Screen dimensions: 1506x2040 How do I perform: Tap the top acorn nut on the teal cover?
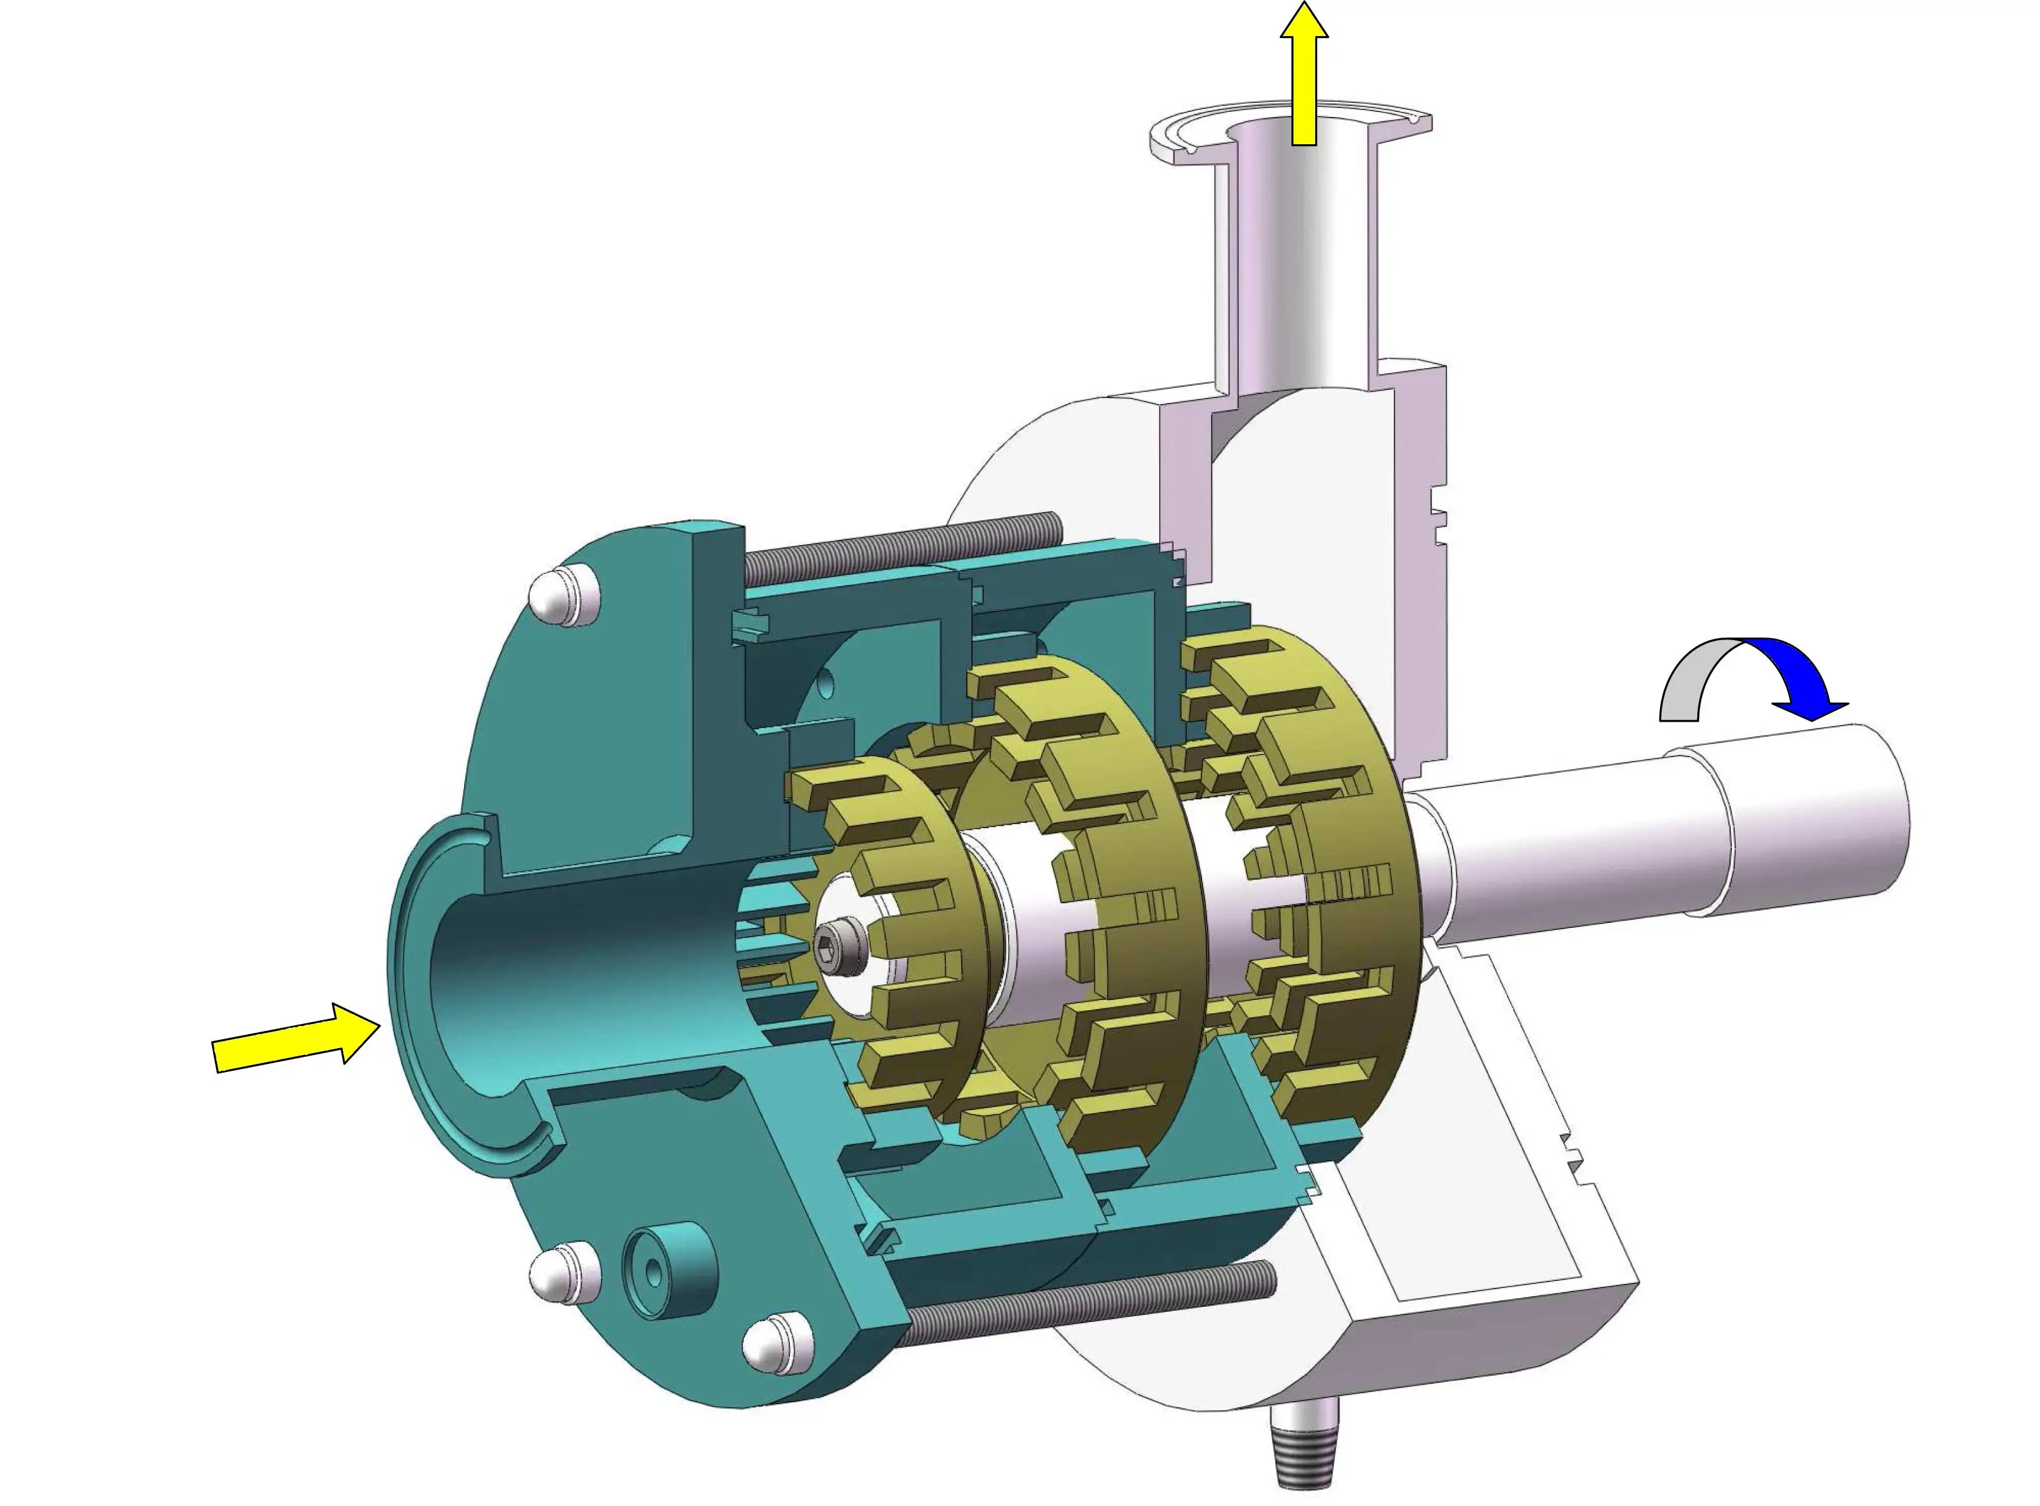point(565,597)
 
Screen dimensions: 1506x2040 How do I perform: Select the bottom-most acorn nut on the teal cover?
point(777,1345)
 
